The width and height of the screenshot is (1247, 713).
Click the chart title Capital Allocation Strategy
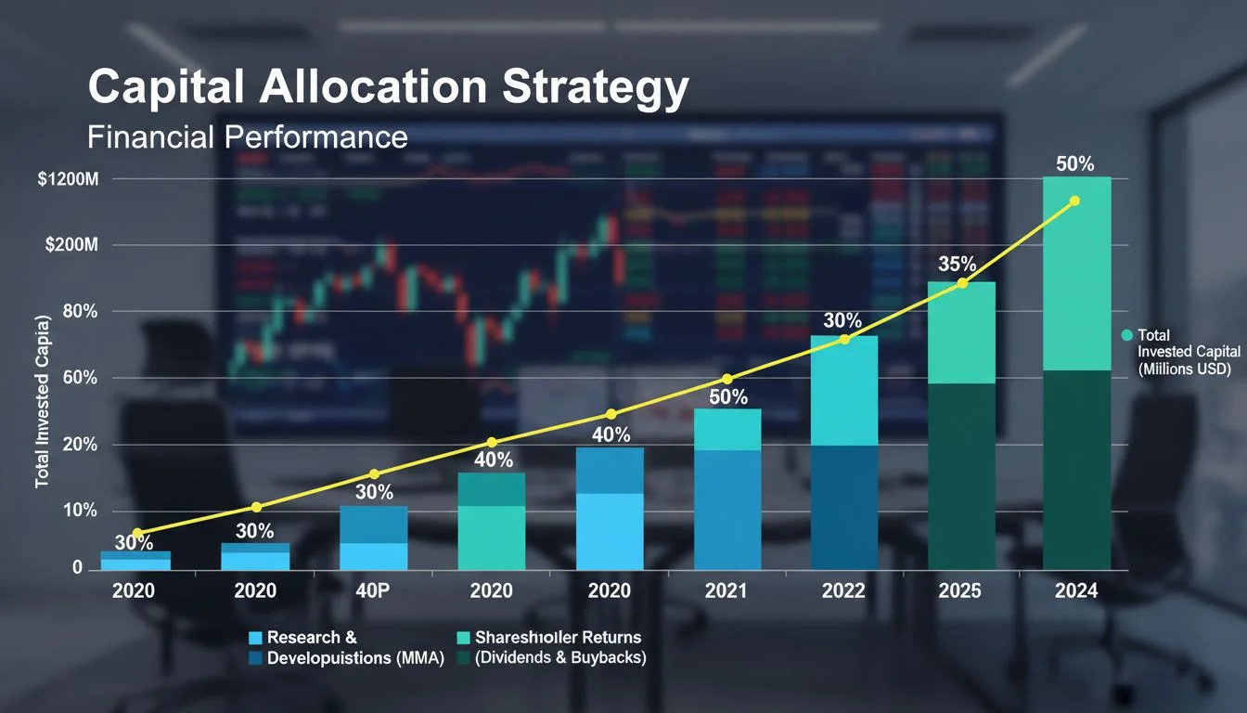tap(388, 87)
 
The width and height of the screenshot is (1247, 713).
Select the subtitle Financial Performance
tap(247, 137)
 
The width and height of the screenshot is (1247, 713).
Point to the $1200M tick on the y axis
tap(68, 179)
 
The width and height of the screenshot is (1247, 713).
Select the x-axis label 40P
tap(374, 591)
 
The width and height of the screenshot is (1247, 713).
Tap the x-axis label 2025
tap(960, 591)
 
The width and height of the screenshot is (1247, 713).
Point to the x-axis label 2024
tap(1076, 591)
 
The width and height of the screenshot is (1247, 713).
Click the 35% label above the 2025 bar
tap(957, 265)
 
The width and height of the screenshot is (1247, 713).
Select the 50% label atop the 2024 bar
tap(1074, 164)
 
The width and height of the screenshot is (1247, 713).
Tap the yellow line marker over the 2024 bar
tap(1074, 201)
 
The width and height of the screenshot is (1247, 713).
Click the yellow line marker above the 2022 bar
tap(844, 340)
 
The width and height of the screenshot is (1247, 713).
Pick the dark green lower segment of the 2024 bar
tap(1076, 469)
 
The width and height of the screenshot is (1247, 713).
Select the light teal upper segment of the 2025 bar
tap(961, 332)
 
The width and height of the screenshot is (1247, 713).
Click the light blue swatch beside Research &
tap(256, 638)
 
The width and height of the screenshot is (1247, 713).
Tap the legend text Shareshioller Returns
tap(558, 638)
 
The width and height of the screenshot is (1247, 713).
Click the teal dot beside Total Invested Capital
tap(1127, 335)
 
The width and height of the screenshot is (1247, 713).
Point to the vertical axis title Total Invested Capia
tap(41, 402)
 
